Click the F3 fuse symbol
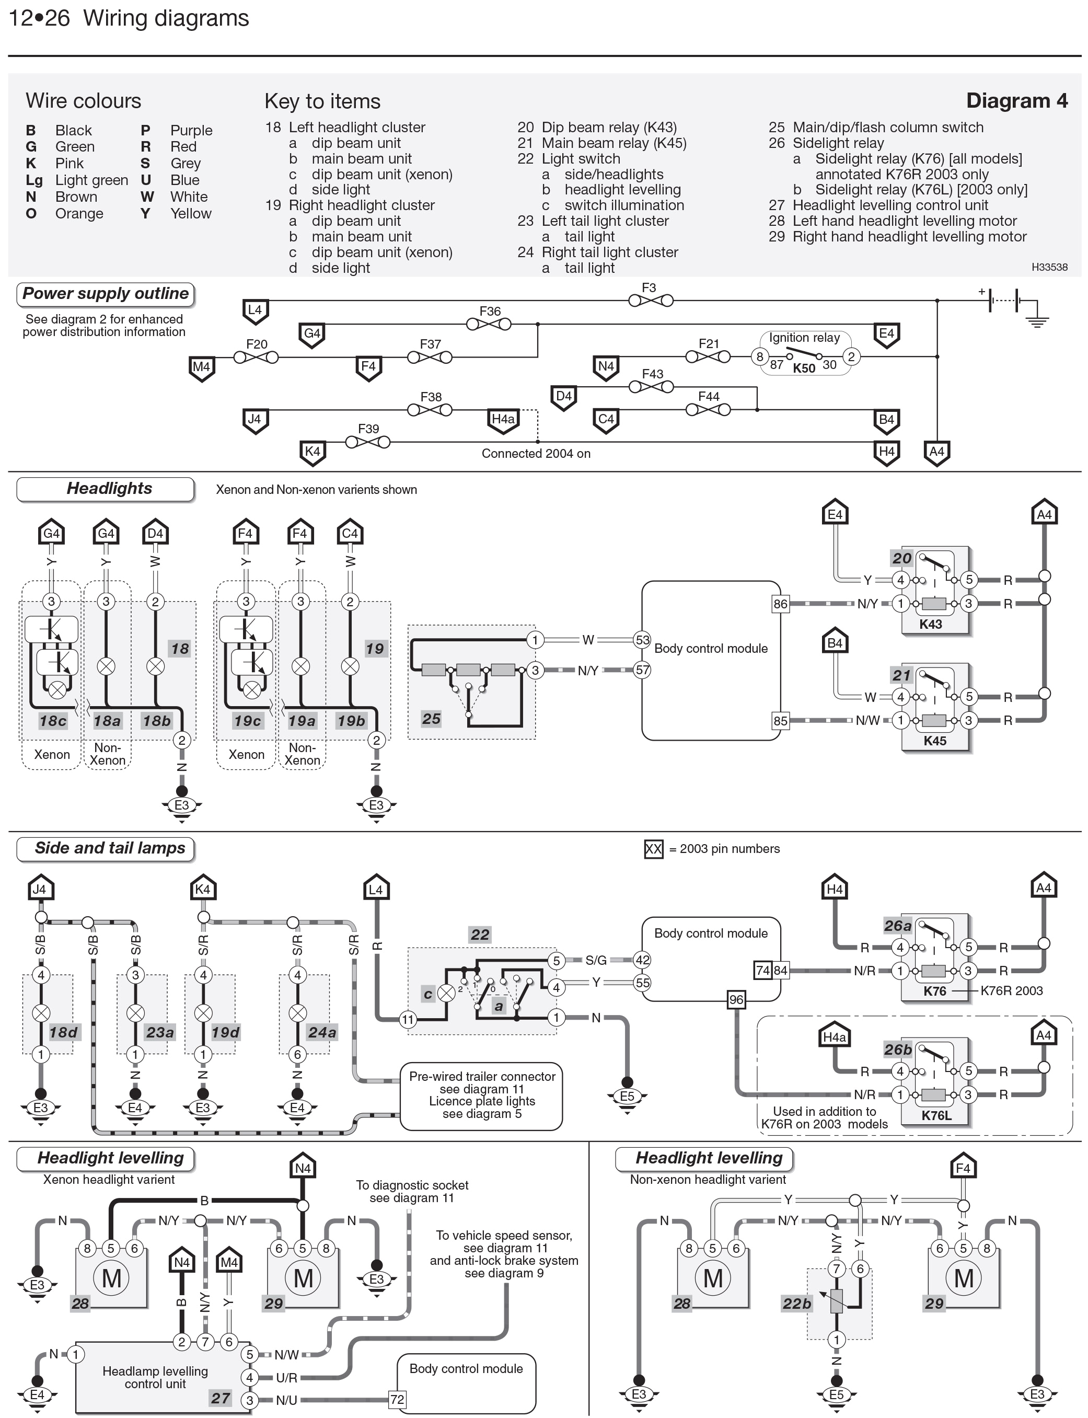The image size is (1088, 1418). (650, 301)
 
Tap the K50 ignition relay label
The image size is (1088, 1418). (804, 368)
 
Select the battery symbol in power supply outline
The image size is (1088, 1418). (1004, 301)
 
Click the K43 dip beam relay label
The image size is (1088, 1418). (930, 625)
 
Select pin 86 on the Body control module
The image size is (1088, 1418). (780, 604)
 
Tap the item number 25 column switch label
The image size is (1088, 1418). (431, 718)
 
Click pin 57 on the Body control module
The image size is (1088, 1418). (642, 670)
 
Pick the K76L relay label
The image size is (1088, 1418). (936, 1115)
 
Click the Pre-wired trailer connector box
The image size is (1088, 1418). (481, 1096)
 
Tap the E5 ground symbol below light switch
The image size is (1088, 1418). (627, 1097)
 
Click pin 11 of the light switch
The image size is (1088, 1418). (408, 1020)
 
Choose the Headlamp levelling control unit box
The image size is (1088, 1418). (155, 1377)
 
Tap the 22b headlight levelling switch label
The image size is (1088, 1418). (796, 1304)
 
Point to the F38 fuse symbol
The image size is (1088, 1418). (430, 409)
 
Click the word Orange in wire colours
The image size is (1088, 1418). (79, 213)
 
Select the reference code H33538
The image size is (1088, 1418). (1049, 267)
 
